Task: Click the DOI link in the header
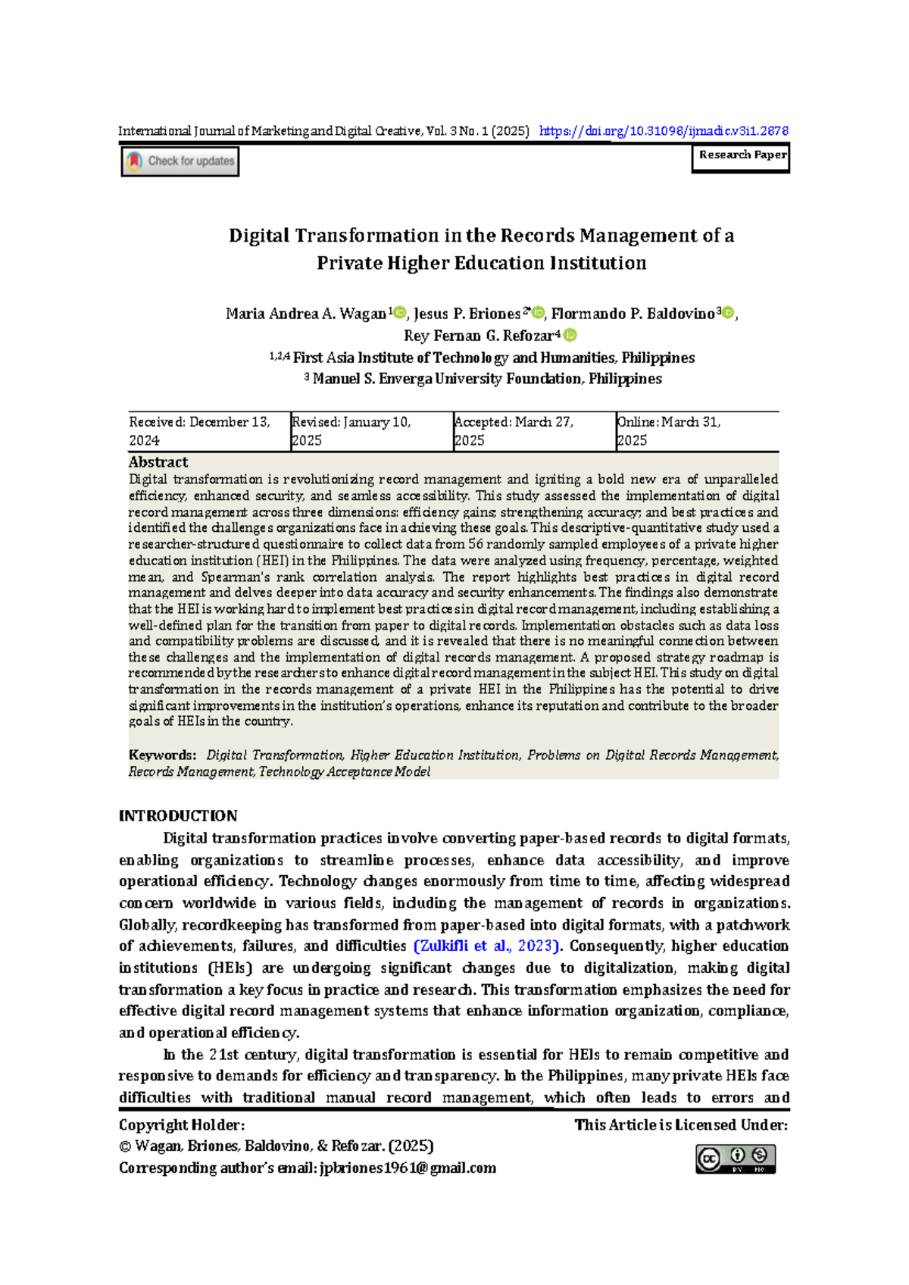pos(664,131)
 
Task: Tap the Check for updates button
pos(180,161)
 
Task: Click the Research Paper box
pos(741,156)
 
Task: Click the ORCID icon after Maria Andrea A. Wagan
pos(401,313)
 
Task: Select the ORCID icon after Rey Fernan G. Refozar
pos(570,335)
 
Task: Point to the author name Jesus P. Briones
pos(467,314)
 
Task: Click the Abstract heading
pos(158,462)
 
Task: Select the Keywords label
pos(162,755)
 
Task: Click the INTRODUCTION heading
pos(178,816)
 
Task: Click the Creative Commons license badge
pos(736,1158)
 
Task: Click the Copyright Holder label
pos(182,1125)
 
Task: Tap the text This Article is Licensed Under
pos(681,1125)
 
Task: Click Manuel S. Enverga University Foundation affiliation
pos(486,379)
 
